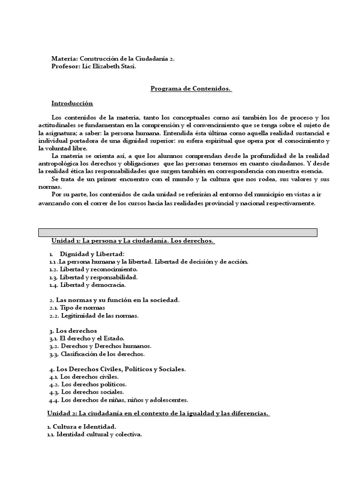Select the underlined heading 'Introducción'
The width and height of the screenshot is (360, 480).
click(72, 103)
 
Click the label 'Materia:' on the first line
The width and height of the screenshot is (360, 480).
click(65, 59)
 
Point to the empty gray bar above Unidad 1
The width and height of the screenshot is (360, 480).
click(177, 232)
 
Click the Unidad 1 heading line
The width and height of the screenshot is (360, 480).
click(133, 241)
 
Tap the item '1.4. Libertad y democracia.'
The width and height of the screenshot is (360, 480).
click(87, 285)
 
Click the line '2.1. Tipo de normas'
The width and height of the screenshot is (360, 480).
click(77, 307)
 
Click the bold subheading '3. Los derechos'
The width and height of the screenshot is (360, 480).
click(73, 330)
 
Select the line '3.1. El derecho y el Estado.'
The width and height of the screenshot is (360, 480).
click(87, 338)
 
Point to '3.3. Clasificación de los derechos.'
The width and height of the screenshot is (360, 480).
click(97, 354)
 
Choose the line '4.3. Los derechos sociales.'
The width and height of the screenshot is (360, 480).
click(86, 392)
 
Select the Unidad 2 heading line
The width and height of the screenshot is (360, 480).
click(158, 413)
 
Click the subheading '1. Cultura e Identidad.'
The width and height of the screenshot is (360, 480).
click(82, 427)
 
